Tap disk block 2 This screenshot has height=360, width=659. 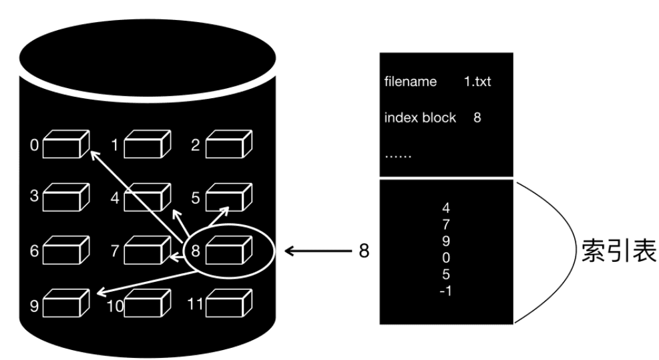(x=229, y=144)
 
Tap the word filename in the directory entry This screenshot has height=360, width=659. (x=411, y=82)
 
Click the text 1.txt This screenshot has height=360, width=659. (x=477, y=82)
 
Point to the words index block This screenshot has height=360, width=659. (x=420, y=118)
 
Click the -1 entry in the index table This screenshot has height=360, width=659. (x=446, y=291)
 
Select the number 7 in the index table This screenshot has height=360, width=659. (x=446, y=224)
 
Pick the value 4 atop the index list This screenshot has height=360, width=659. (x=446, y=207)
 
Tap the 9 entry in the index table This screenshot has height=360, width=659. (x=446, y=240)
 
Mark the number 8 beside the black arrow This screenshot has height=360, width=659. (x=364, y=252)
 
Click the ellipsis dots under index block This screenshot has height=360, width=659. (x=398, y=155)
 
